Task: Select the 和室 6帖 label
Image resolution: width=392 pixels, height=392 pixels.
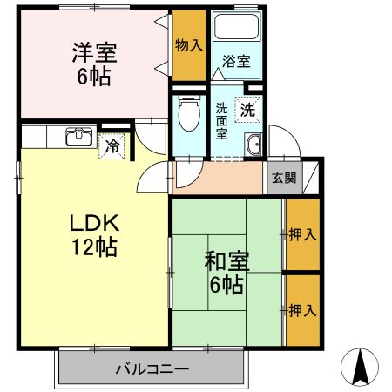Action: click(x=224, y=271)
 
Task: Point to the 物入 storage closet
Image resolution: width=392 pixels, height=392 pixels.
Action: click(x=188, y=44)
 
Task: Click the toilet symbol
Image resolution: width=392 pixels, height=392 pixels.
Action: click(x=186, y=112)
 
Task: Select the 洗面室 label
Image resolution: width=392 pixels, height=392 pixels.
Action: click(x=221, y=121)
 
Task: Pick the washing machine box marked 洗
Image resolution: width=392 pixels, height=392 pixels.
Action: click(x=247, y=111)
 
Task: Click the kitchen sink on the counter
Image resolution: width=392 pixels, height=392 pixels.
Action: click(x=79, y=135)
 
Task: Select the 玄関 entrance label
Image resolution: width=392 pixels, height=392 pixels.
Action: click(x=282, y=178)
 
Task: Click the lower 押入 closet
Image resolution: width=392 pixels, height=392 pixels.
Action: click(x=301, y=309)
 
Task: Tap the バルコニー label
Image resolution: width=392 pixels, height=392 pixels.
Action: click(x=152, y=368)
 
